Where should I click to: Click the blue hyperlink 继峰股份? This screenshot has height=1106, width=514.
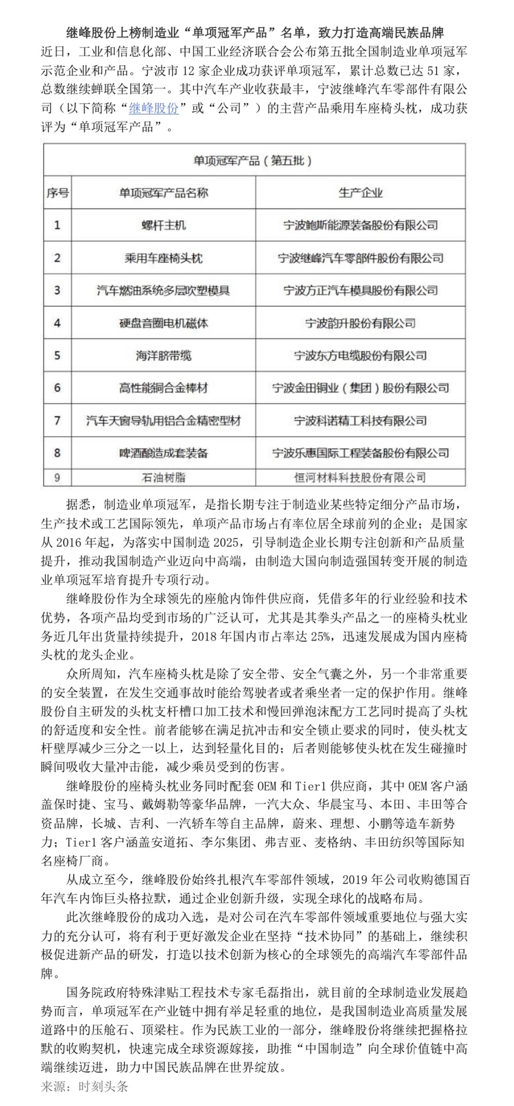pyautogui.click(x=154, y=108)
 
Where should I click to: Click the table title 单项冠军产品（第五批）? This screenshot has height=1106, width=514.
pyautogui.click(x=252, y=161)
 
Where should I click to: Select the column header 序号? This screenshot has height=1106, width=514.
pyautogui.click(x=57, y=193)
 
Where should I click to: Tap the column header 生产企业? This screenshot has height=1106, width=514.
pyautogui.click(x=360, y=193)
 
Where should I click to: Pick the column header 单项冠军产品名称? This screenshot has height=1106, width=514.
pyautogui.click(x=163, y=193)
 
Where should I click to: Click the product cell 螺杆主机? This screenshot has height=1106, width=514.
pyautogui.click(x=163, y=225)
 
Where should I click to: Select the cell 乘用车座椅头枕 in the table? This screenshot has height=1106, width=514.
pyautogui.click(x=163, y=258)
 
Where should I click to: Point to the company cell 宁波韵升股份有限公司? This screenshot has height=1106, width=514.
pyautogui.click(x=360, y=323)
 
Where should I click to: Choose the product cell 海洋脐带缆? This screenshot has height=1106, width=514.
pyautogui.click(x=163, y=355)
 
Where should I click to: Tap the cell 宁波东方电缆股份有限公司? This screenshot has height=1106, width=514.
pyautogui.click(x=360, y=355)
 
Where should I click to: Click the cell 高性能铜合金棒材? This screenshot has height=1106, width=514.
pyautogui.click(x=163, y=388)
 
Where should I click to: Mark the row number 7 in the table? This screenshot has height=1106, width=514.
pyautogui.click(x=57, y=421)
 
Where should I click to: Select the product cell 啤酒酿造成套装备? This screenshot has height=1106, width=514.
pyautogui.click(x=163, y=453)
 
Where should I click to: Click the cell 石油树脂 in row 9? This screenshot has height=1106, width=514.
pyautogui.click(x=163, y=478)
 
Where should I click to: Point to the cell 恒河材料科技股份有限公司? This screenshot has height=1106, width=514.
pyautogui.click(x=360, y=478)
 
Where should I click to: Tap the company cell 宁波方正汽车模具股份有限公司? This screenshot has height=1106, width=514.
pyautogui.click(x=360, y=290)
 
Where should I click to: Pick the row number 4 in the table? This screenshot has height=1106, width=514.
pyautogui.click(x=57, y=323)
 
